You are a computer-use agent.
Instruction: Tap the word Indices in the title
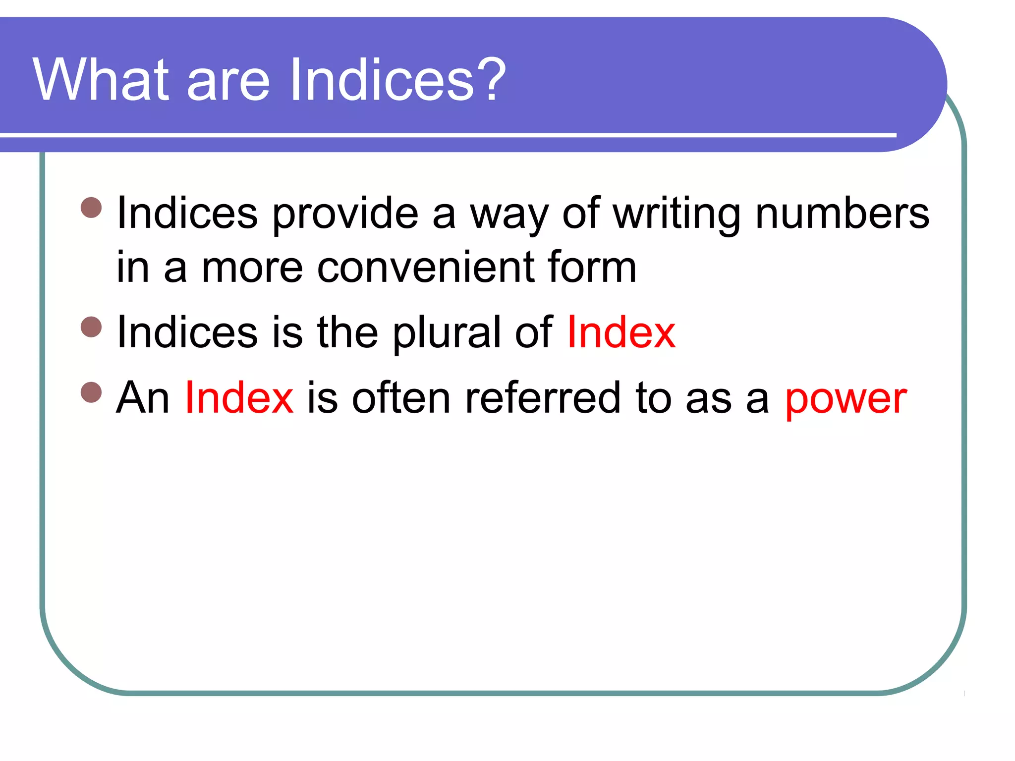click(382, 79)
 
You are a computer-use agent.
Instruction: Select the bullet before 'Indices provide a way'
click(91, 208)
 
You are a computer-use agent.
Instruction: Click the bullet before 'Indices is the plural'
click(91, 326)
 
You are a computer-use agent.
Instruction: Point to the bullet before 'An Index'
click(91, 392)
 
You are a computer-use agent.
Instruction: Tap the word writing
click(676, 215)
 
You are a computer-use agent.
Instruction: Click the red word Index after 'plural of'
click(621, 332)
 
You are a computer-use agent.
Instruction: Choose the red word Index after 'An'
click(239, 398)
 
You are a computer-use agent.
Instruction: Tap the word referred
click(543, 398)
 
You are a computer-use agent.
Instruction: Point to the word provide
click(345, 215)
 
